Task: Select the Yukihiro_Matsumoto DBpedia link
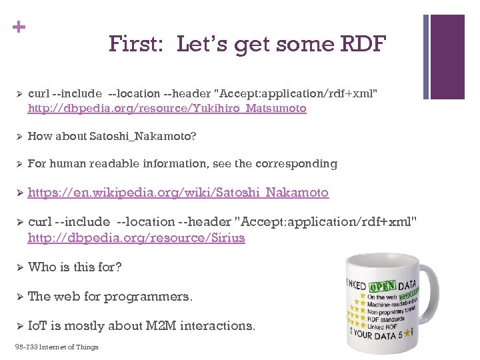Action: point(167,108)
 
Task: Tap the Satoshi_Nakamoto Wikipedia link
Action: point(178,193)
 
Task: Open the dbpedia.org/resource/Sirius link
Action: point(136,238)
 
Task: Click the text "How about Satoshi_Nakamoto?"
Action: point(112,136)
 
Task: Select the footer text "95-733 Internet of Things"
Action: point(56,347)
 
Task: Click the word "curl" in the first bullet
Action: point(39,93)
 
